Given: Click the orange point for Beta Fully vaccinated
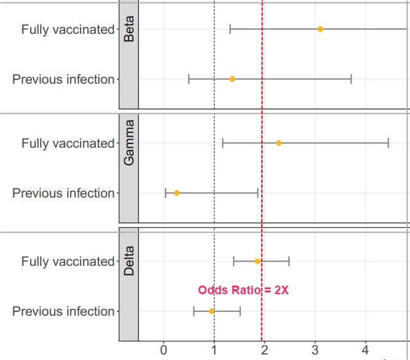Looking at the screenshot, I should [320, 29].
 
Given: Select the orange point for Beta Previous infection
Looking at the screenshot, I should [232, 79].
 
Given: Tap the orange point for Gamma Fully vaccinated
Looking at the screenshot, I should [278, 143].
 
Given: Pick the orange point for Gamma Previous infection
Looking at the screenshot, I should [176, 193].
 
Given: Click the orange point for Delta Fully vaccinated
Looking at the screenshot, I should [258, 261].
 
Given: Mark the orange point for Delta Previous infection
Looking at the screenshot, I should [211, 311].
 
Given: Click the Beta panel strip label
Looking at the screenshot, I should [129, 29].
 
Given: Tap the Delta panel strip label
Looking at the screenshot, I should [129, 262].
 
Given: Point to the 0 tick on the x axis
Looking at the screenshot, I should [164, 350].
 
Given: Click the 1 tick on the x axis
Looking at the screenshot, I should [214, 350].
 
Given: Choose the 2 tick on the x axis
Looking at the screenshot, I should [264, 350].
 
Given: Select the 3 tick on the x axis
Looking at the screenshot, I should [315, 350].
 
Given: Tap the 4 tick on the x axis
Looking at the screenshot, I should [365, 350].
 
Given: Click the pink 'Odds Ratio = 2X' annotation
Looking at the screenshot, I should [243, 290].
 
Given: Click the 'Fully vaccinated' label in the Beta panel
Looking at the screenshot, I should [68, 29].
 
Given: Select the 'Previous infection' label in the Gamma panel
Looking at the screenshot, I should [63, 193].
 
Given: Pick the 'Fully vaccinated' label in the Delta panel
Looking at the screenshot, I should [68, 261].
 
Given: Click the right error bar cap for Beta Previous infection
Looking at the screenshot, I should [351, 79].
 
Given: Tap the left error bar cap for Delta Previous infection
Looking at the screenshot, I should [194, 311].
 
